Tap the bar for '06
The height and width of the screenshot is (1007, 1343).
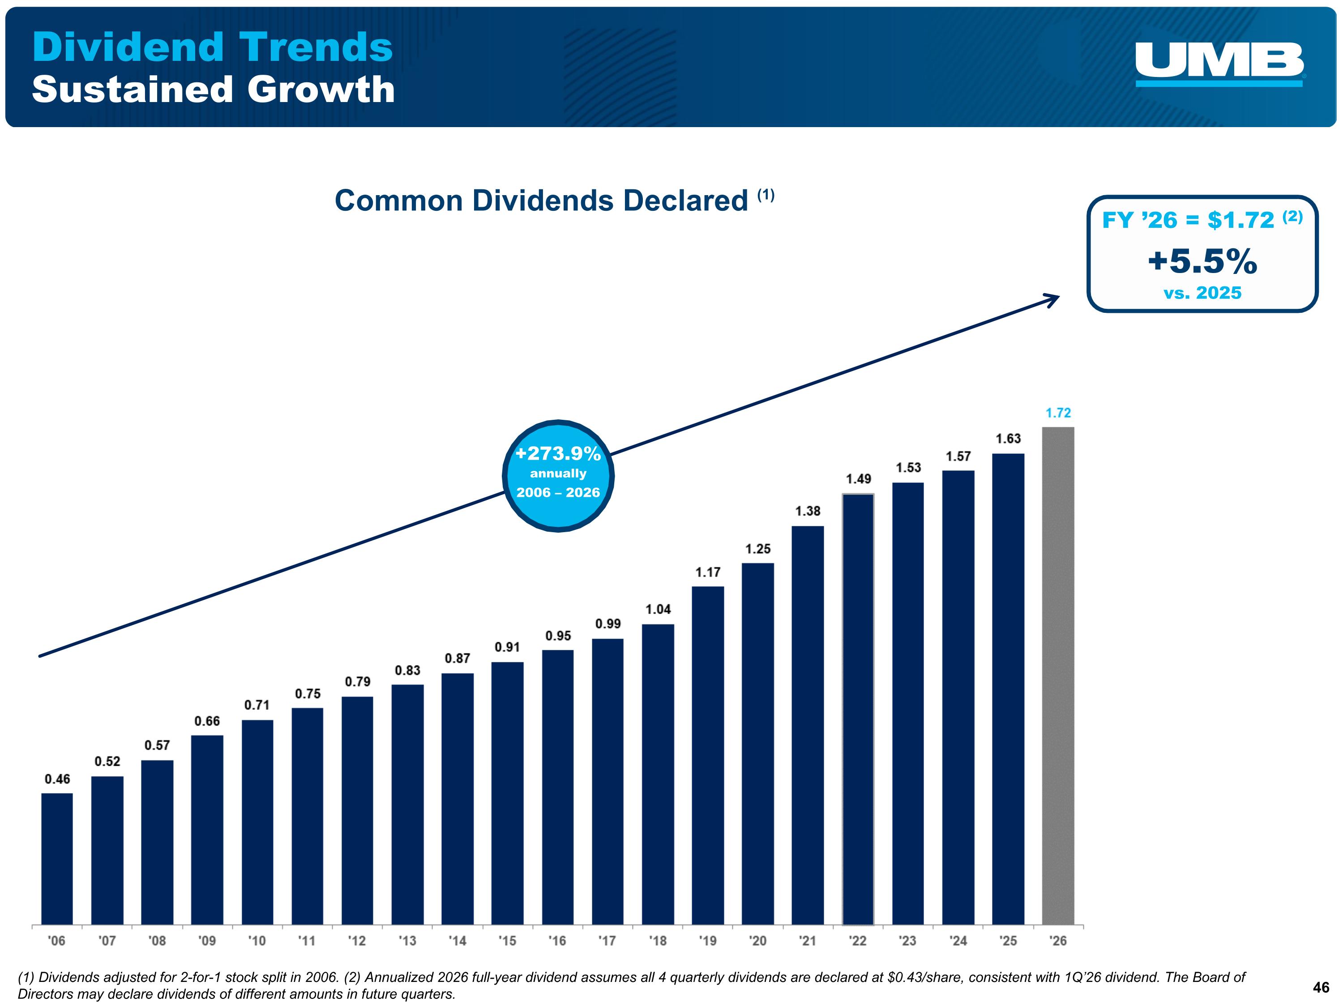[x=57, y=859]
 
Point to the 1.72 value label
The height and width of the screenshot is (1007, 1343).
[x=1058, y=413]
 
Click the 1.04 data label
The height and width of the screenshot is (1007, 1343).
[x=658, y=609]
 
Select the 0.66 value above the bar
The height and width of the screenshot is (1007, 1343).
[x=207, y=721]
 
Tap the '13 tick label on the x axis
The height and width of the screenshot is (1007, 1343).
[x=407, y=941]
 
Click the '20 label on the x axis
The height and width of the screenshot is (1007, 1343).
[x=758, y=941]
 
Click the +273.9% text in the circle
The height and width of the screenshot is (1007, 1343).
[x=558, y=453]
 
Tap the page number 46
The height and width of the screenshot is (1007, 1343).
[x=1321, y=988]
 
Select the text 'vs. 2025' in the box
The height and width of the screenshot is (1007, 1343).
[x=1202, y=293]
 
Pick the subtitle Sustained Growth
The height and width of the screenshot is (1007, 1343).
[x=213, y=89]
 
